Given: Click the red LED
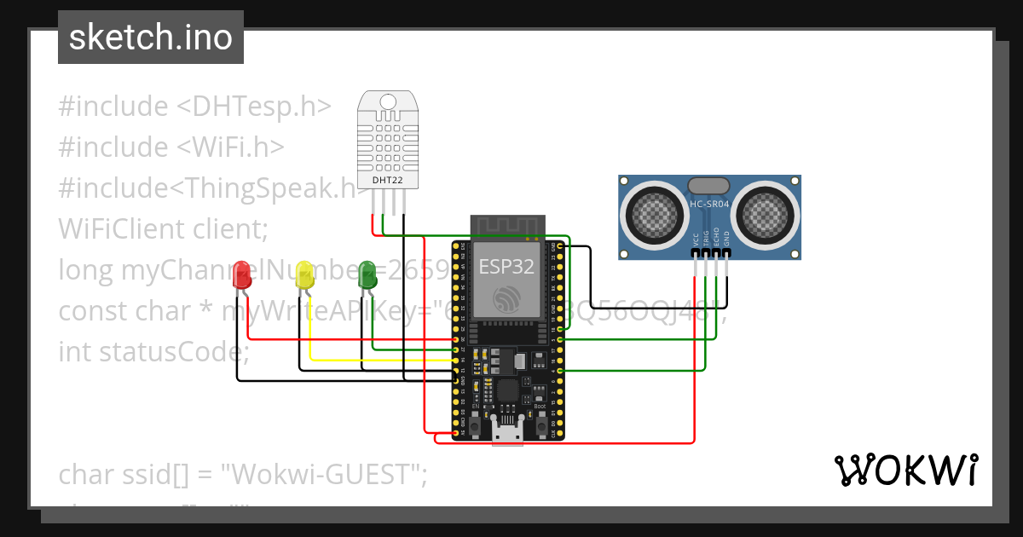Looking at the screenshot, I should pyautogui.click(x=242, y=275).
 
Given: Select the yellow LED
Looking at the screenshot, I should pyautogui.click(x=304, y=275).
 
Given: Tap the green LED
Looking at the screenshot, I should pyautogui.click(x=367, y=274).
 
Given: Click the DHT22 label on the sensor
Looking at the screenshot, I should pyautogui.click(x=387, y=181).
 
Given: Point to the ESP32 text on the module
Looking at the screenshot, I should pyautogui.click(x=506, y=266).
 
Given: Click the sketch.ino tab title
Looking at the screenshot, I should pyautogui.click(x=151, y=38).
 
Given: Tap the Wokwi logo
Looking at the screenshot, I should pyautogui.click(x=905, y=470).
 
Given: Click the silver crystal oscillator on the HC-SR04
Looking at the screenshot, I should pyautogui.click(x=708, y=185).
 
